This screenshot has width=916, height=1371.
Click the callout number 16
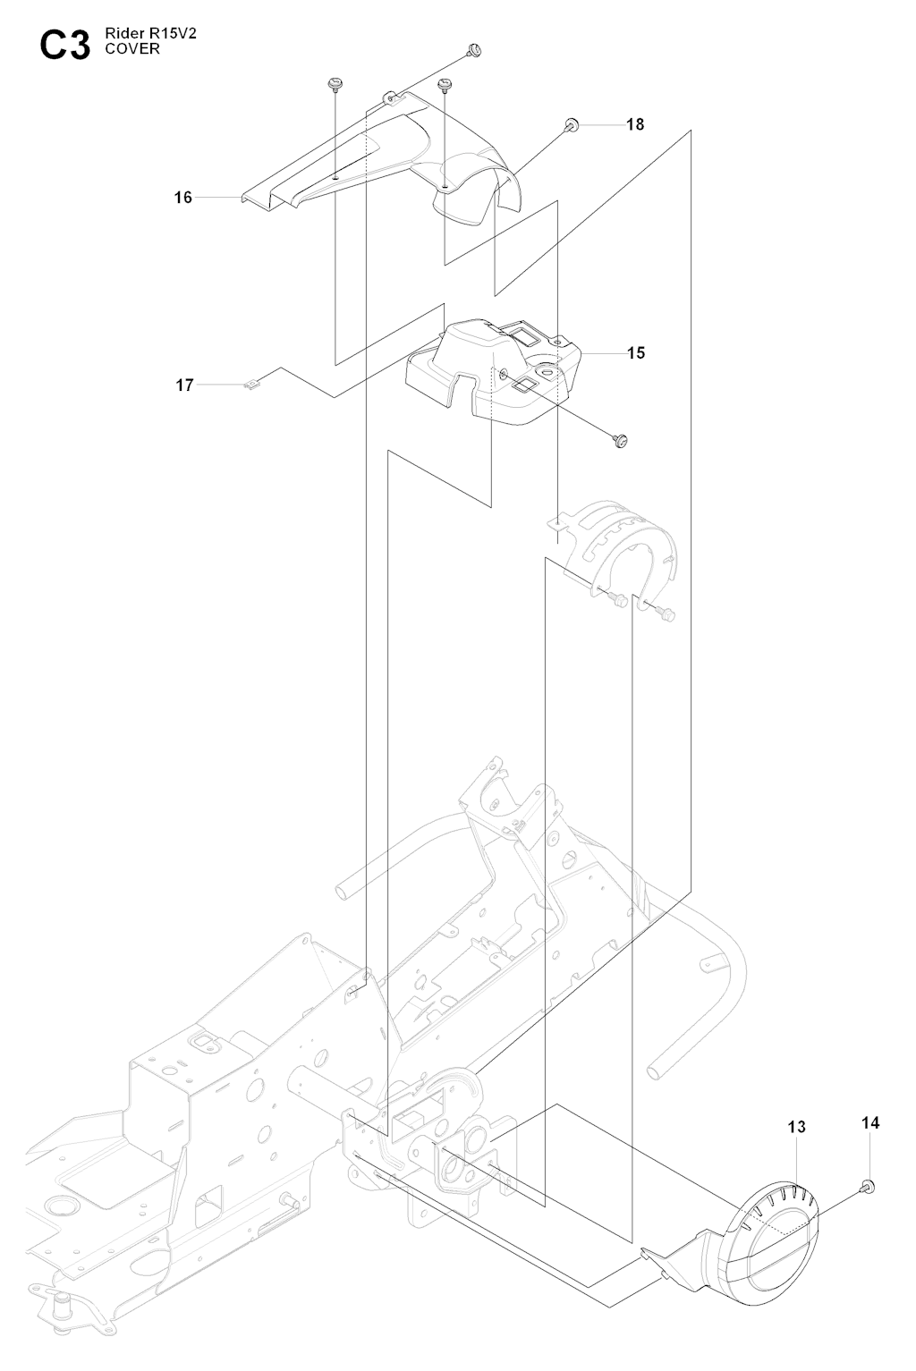[x=182, y=197]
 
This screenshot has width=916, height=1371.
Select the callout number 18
[x=634, y=124]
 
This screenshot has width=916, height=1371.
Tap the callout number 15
[x=635, y=352]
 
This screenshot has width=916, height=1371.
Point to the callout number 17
[x=184, y=385]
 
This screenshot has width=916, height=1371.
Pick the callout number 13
[x=796, y=1127]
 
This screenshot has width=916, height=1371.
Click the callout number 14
[x=870, y=1122]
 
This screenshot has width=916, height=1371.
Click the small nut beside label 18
[x=573, y=124]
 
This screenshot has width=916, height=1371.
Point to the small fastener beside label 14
[x=866, y=1186]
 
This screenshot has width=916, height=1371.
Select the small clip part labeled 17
[x=252, y=385]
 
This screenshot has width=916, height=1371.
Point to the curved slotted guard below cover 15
[x=617, y=546]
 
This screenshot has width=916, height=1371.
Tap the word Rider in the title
[x=123, y=35]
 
